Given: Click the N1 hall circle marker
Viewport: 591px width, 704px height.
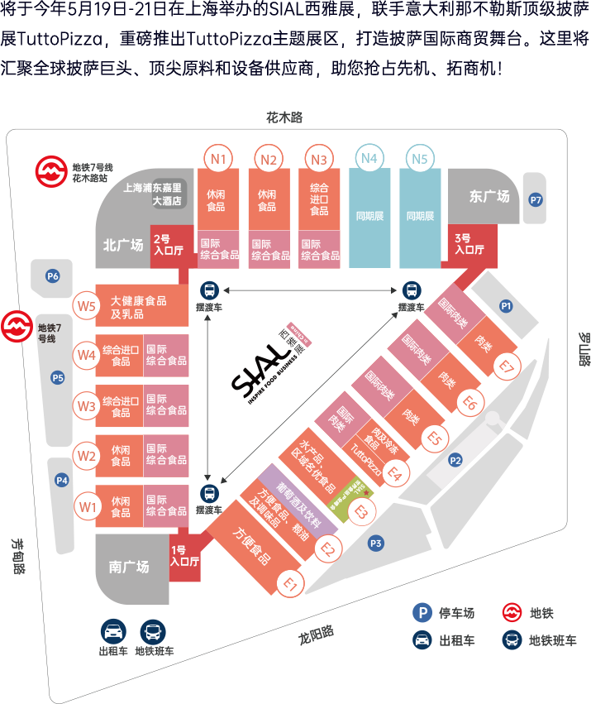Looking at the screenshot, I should (219, 157).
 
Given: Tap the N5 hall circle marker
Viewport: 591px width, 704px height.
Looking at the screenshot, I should (420, 157).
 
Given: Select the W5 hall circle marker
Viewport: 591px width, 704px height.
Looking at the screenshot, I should (85, 304).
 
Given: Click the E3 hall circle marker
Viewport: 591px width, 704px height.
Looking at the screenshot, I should (360, 512).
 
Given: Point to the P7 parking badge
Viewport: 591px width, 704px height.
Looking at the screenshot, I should (536, 199).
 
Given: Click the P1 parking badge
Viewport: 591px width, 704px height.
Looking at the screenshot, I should (507, 306).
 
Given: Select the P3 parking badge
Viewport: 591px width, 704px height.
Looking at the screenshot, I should (376, 544).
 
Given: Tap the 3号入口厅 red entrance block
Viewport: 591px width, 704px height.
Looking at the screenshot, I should (469, 244).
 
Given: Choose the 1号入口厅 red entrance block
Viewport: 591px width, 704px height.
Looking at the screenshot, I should (184, 556).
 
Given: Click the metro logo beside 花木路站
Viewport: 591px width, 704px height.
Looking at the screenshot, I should (51, 171).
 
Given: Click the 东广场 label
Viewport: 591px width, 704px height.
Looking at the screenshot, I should (489, 197).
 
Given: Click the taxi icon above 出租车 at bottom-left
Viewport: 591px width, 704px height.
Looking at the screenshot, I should (112, 631).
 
